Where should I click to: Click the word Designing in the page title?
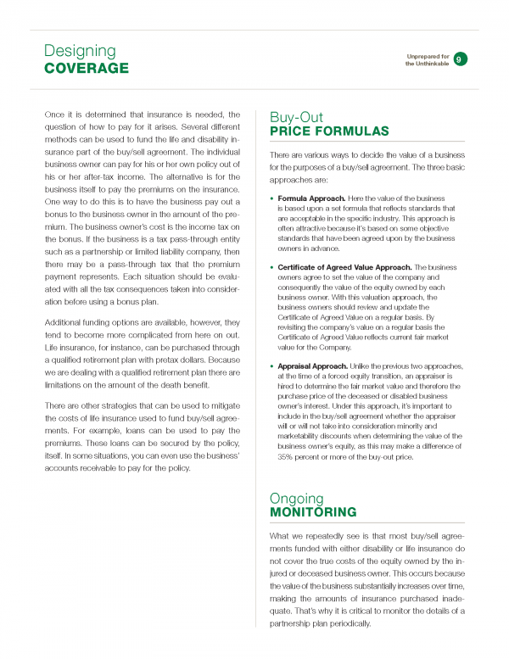click(x=80, y=51)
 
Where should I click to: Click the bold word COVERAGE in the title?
click(x=87, y=68)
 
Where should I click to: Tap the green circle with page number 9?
click(x=459, y=59)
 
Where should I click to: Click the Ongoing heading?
click(x=296, y=498)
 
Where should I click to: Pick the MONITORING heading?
click(x=312, y=512)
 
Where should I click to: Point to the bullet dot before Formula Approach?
click(x=271, y=198)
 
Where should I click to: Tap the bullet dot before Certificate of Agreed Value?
click(x=271, y=267)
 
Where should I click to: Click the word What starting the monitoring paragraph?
click(x=282, y=535)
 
